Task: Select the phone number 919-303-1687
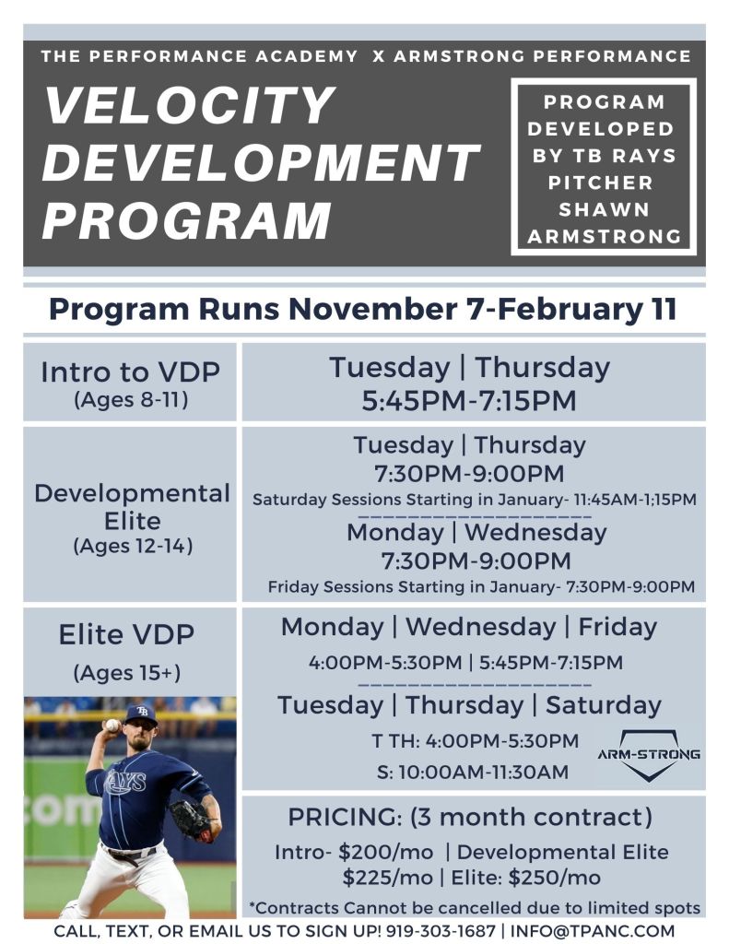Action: click(x=440, y=930)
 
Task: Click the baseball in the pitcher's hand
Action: click(x=112, y=725)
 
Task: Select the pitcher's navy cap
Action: click(x=141, y=714)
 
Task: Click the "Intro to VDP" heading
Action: click(x=130, y=372)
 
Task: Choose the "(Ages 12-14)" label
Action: click(x=132, y=546)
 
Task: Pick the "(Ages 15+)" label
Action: click(x=127, y=673)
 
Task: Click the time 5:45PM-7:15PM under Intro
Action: click(x=470, y=401)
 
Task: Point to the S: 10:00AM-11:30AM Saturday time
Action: click(x=472, y=772)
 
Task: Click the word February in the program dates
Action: click(x=538, y=309)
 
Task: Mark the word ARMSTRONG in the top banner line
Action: click(x=465, y=56)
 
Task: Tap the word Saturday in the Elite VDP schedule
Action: click(x=603, y=705)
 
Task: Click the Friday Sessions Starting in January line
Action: click(x=481, y=586)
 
